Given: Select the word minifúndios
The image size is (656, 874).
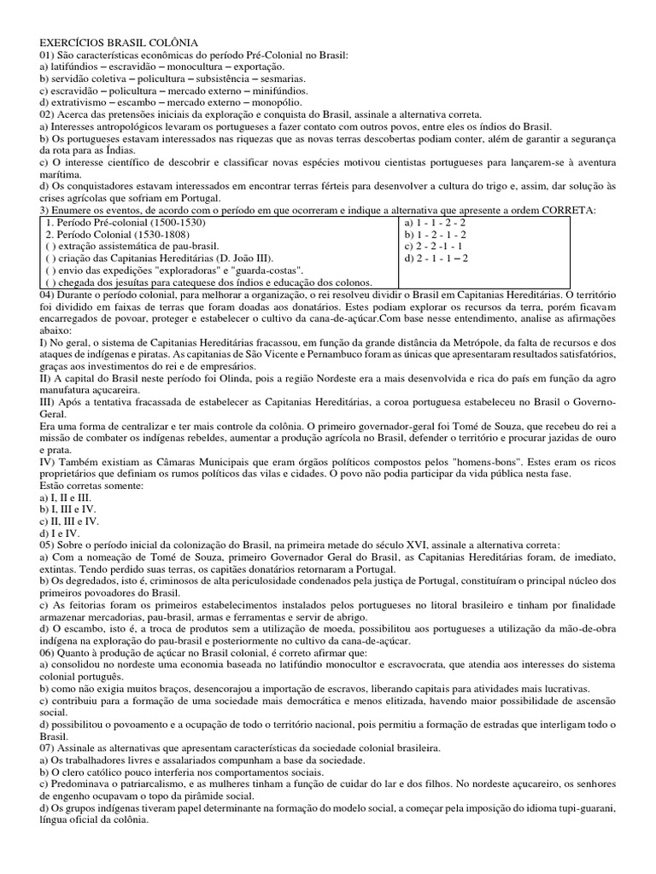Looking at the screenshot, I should click(278, 90).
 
